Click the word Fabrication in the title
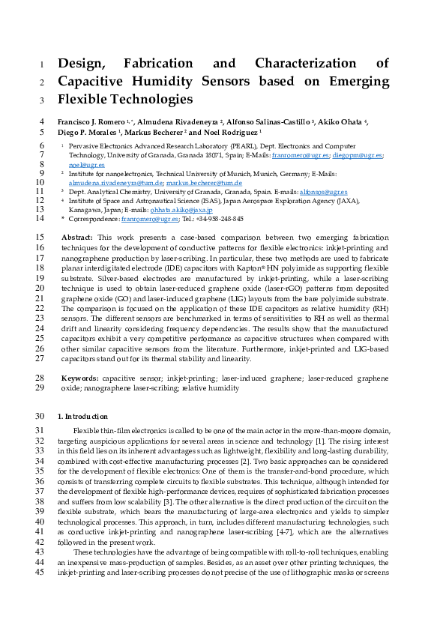click(x=171, y=64)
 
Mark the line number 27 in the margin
click(x=40, y=358)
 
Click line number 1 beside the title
click(x=42, y=64)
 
